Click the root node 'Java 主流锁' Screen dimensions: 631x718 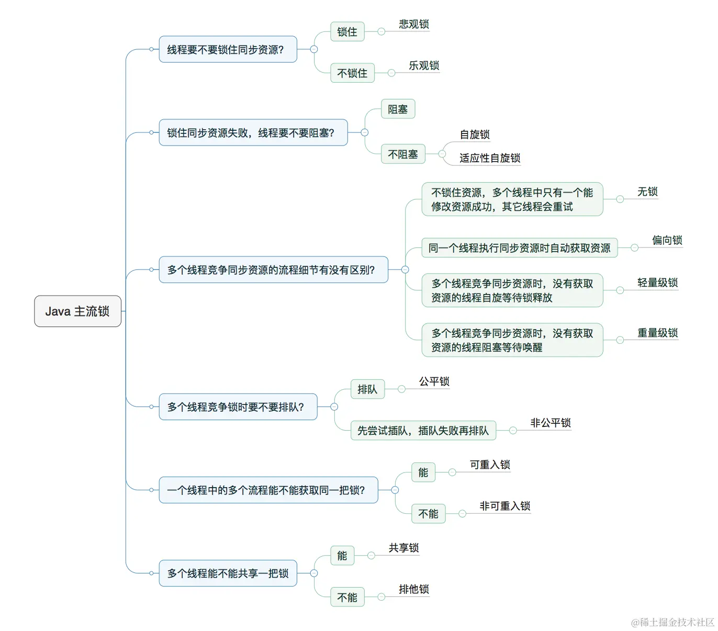click(x=77, y=311)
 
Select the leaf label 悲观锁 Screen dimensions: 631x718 click(x=413, y=24)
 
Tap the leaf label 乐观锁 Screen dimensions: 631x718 click(x=423, y=65)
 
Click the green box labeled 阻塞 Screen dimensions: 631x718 click(x=398, y=109)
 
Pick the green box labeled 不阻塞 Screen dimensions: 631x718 click(x=402, y=154)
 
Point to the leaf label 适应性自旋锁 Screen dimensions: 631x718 click(x=489, y=158)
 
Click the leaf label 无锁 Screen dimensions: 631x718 click(x=647, y=192)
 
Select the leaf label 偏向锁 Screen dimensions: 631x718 click(x=667, y=240)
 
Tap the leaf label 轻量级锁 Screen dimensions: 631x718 click(x=657, y=283)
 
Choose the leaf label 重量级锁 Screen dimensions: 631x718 click(x=657, y=333)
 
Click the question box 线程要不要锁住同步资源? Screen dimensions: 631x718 click(x=228, y=50)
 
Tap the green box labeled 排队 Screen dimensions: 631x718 click(x=367, y=389)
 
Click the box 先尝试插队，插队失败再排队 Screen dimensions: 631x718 click(x=423, y=431)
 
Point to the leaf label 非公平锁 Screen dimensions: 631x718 click(x=550, y=423)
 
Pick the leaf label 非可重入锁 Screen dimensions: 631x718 click(x=504, y=506)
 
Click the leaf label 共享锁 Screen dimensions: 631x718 click(x=403, y=548)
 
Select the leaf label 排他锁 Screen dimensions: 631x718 click(x=413, y=589)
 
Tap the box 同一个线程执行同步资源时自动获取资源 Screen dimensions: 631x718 click(x=519, y=248)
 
